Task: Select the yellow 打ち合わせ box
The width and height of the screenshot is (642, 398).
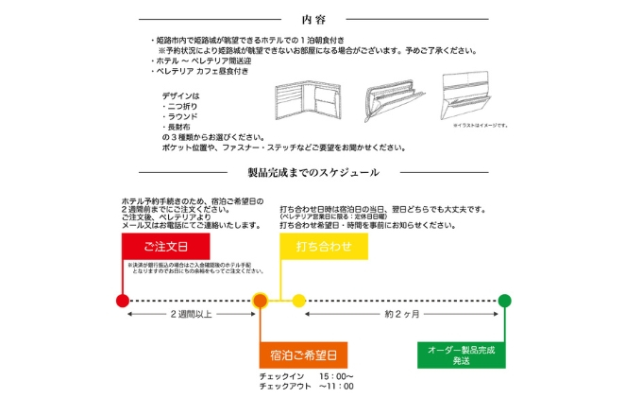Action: (324, 247)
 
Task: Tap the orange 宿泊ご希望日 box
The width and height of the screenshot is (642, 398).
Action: (303, 355)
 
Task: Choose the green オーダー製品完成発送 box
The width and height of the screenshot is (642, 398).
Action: (462, 355)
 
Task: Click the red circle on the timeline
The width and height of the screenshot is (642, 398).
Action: (122, 301)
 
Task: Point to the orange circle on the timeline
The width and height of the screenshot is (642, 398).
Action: (262, 301)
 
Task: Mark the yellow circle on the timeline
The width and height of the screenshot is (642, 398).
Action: (298, 301)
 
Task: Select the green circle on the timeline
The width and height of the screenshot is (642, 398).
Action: (505, 301)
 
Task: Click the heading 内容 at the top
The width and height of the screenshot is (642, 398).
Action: (313, 19)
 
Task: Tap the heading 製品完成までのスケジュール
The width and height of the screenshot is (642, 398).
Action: (313, 173)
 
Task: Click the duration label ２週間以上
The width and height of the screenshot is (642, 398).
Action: (192, 313)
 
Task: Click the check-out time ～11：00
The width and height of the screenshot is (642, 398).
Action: (336, 386)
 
